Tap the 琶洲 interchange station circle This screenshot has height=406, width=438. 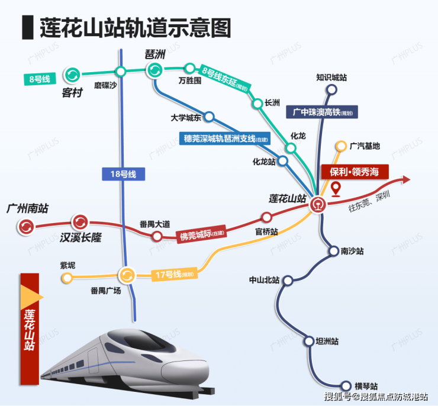click(x=153, y=70)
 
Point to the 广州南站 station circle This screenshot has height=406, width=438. click(x=26, y=225)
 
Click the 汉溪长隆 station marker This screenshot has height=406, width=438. click(x=79, y=223)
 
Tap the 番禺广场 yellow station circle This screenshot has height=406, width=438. click(x=127, y=275)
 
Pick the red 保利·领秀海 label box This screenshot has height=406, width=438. click(x=355, y=172)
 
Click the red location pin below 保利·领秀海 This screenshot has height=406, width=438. click(x=336, y=189)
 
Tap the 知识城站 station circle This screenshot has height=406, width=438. click(x=331, y=91)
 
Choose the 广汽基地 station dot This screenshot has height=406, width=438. click(x=340, y=146)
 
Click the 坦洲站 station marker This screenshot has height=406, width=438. click(x=309, y=341)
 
